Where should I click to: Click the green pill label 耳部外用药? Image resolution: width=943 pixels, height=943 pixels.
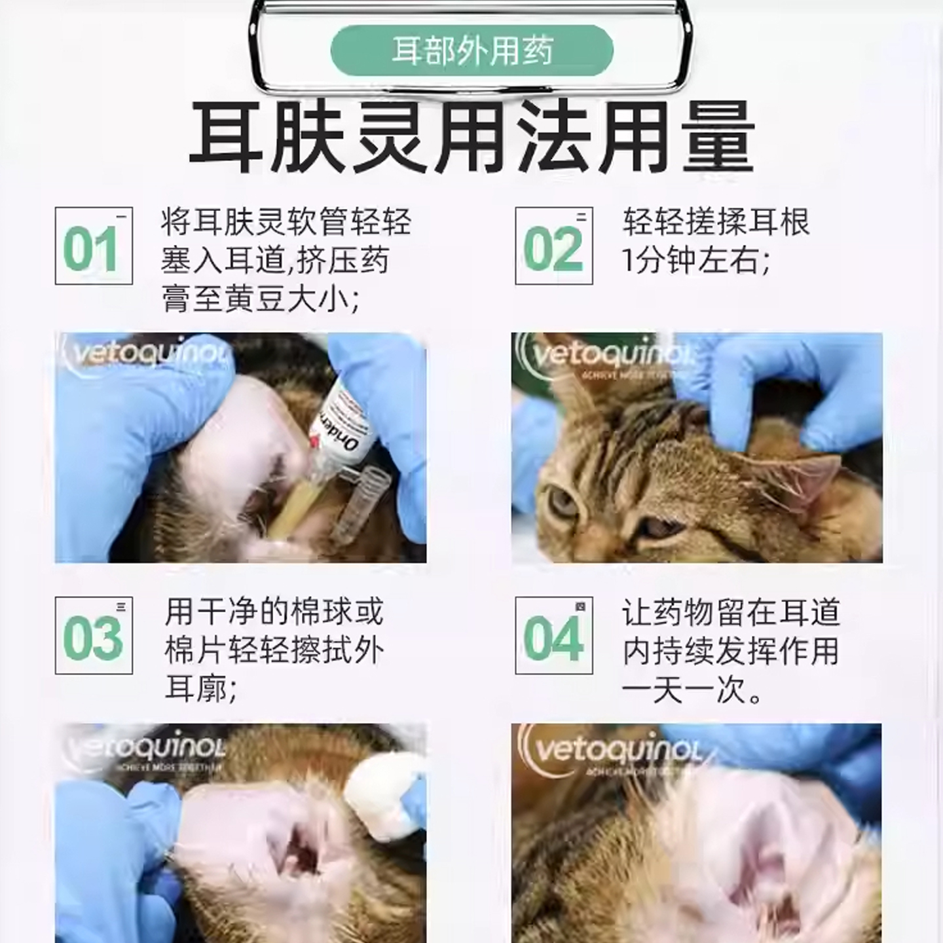471,50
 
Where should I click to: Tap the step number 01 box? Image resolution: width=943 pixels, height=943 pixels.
94,246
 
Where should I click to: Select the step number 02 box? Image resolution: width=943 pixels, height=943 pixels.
554,246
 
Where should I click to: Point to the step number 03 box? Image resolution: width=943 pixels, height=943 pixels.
94,636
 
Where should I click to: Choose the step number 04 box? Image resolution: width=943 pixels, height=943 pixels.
554,636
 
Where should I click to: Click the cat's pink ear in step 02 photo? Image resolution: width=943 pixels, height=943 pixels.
805,478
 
